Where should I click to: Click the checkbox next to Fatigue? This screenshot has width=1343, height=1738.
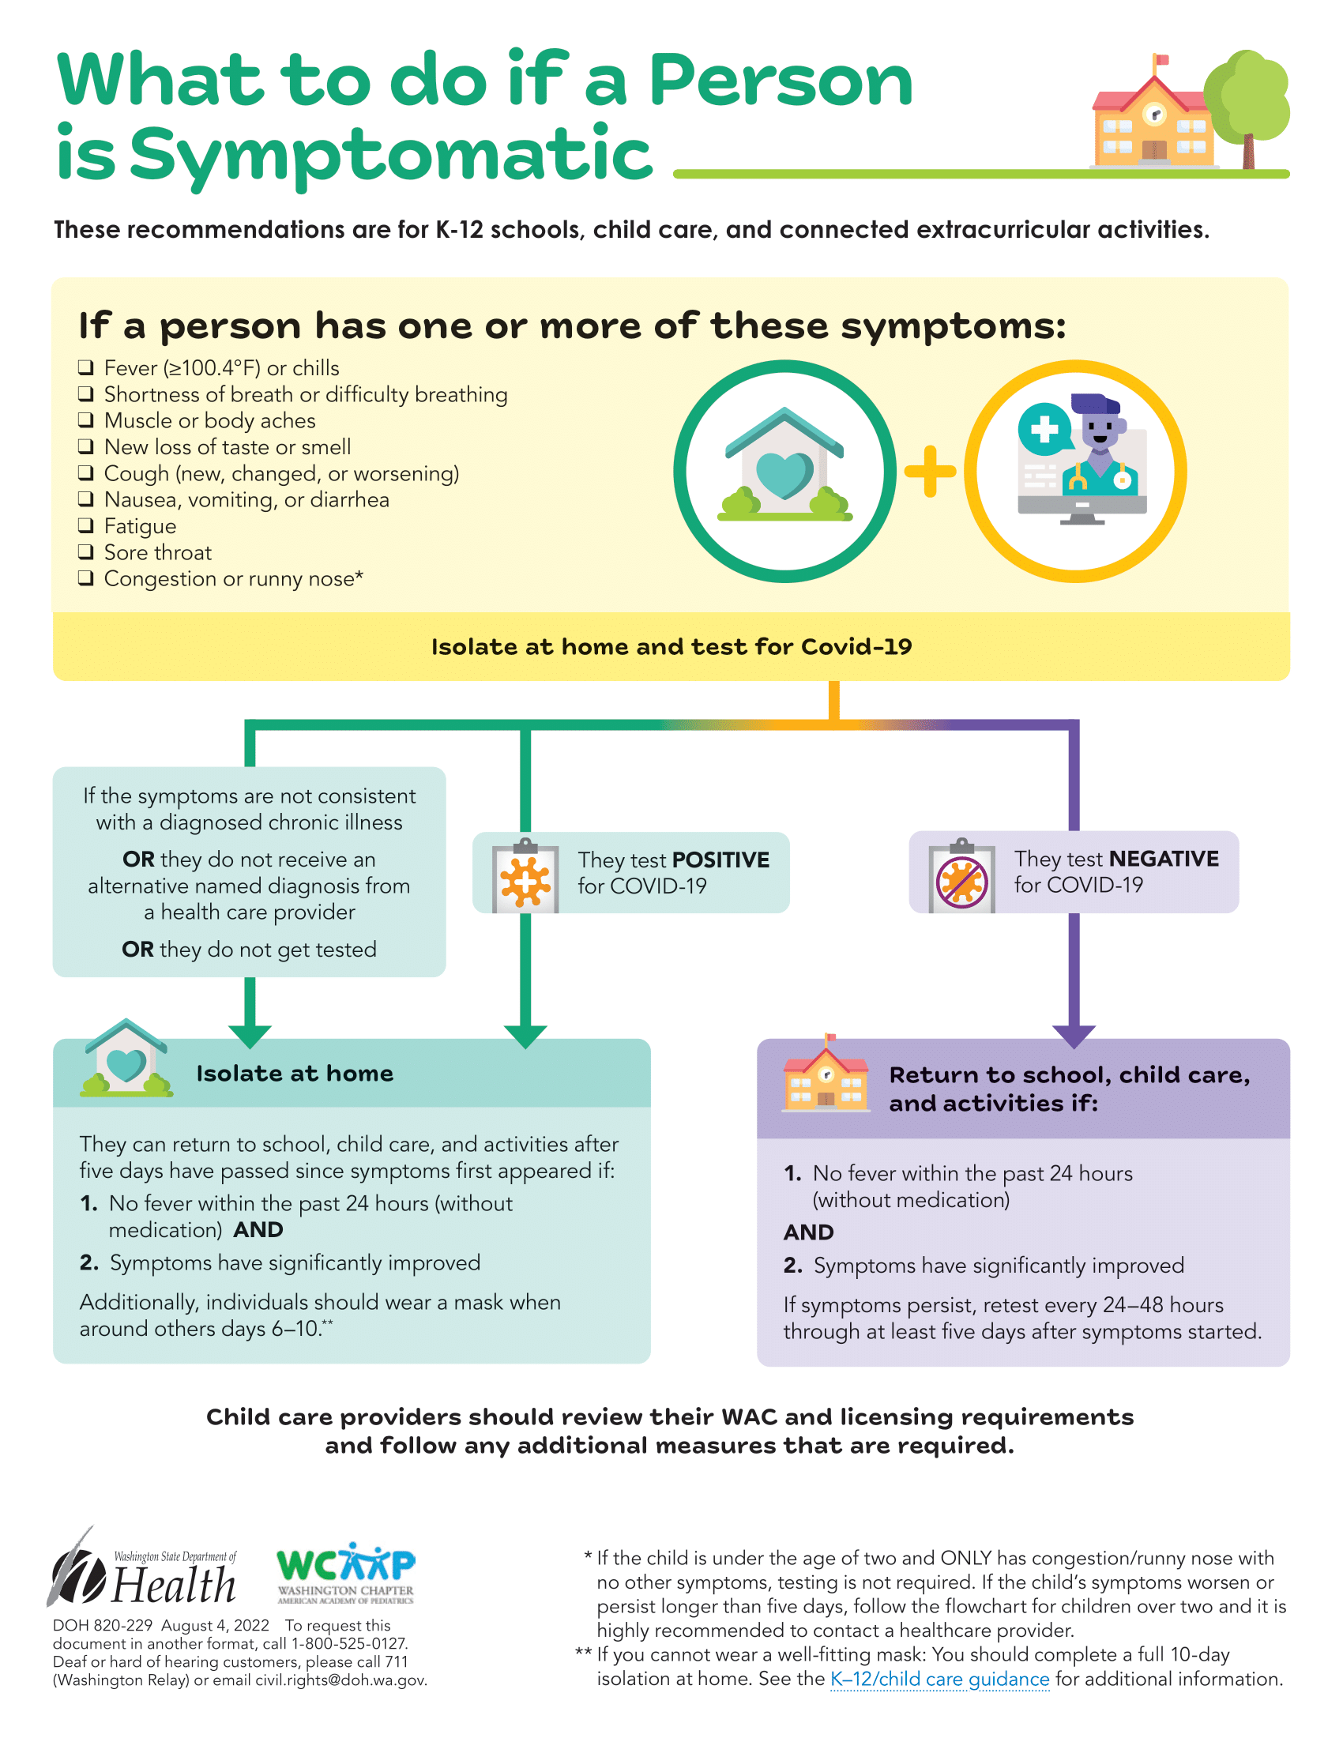86,526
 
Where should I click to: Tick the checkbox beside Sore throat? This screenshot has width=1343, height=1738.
86,552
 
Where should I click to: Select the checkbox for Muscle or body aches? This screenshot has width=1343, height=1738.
86,420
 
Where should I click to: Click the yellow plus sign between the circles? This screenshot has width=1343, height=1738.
930,471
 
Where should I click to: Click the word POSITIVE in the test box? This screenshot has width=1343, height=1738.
720,860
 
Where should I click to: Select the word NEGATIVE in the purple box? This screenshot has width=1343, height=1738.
1164,859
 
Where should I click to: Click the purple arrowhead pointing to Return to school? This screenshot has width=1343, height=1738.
1074,1037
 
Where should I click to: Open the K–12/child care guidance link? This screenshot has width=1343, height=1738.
939,1679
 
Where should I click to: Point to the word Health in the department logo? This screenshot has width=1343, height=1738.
175,1586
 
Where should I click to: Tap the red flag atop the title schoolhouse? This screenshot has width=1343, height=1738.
1162,60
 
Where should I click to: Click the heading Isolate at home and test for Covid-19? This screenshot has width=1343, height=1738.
671,646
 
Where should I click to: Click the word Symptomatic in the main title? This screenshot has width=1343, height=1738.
390,154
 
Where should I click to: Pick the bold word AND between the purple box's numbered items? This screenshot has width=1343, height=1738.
808,1232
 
